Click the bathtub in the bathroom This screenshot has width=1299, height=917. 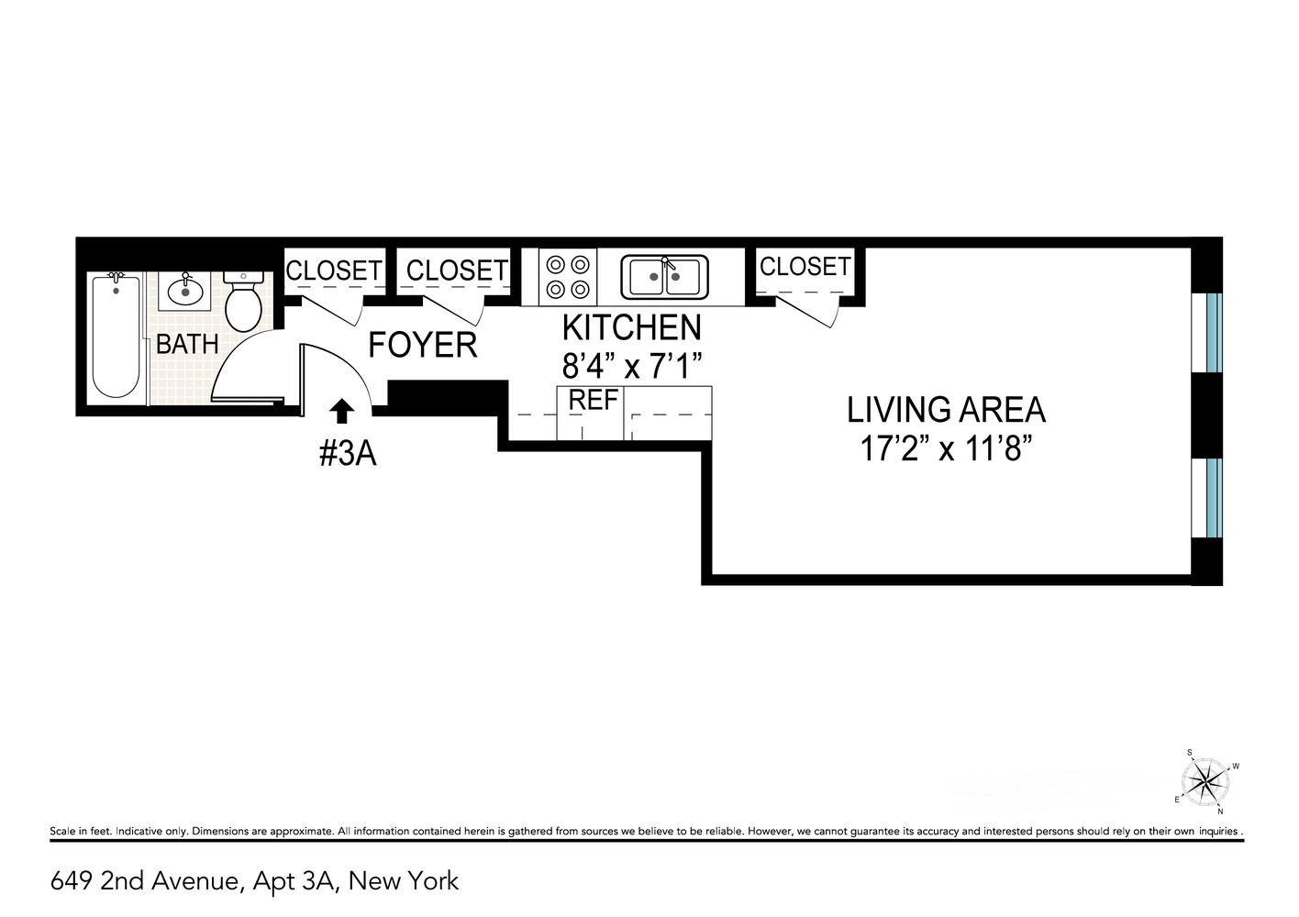point(116,336)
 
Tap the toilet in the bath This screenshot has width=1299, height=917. point(244,304)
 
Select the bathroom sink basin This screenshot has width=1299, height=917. point(185,292)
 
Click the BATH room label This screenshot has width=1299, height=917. point(187,345)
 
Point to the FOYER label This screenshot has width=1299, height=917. point(422,345)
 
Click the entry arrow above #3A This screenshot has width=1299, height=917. point(341,412)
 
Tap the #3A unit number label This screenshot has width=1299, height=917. point(348,454)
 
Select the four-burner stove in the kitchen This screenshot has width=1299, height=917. point(567,277)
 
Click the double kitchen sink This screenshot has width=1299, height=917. point(665,276)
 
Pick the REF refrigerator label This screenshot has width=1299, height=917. point(594,401)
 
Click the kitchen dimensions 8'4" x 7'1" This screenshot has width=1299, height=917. point(632,368)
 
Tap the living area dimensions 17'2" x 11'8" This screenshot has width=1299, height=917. point(947,449)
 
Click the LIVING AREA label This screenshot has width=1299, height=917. point(946,409)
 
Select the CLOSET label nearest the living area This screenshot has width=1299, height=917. point(805,266)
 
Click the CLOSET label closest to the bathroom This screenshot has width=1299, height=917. point(334,271)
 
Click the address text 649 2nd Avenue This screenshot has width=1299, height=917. point(146,882)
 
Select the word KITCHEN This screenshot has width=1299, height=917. point(631,327)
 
